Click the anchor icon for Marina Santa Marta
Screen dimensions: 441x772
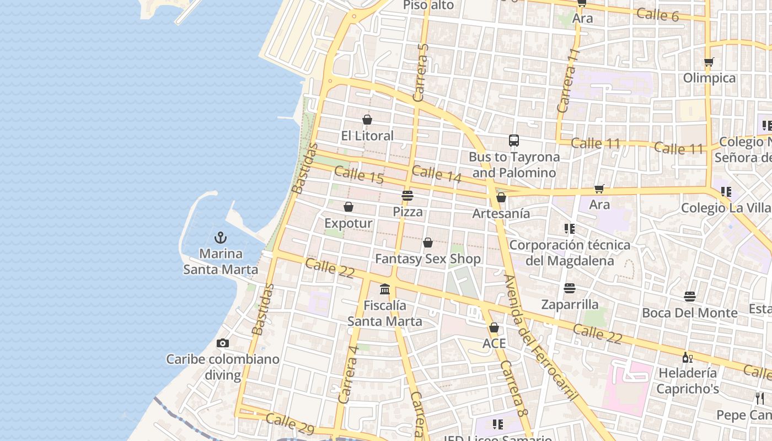click(x=221, y=238)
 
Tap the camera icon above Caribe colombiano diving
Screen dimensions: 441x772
click(x=222, y=343)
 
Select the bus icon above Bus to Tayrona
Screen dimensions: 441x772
click(x=514, y=141)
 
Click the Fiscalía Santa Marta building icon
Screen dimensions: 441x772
click(x=385, y=289)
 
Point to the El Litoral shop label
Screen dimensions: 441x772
click(x=367, y=136)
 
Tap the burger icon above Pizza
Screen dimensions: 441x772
click(x=408, y=196)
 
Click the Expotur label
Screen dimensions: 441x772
click(x=349, y=223)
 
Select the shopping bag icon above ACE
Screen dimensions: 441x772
click(x=494, y=327)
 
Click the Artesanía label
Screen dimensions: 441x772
click(x=501, y=213)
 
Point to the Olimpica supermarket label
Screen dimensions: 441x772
click(x=709, y=78)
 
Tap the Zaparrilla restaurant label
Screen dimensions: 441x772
click(x=570, y=304)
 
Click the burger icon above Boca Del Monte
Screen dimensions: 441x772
click(x=689, y=297)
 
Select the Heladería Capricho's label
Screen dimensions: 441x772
click(x=688, y=380)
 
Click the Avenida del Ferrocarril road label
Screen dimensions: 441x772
click(x=541, y=337)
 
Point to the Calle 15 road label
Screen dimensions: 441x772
click(x=359, y=175)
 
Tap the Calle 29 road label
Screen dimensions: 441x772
click(x=290, y=423)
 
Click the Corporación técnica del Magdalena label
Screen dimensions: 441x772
click(x=570, y=252)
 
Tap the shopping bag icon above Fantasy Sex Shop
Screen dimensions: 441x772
click(x=428, y=243)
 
